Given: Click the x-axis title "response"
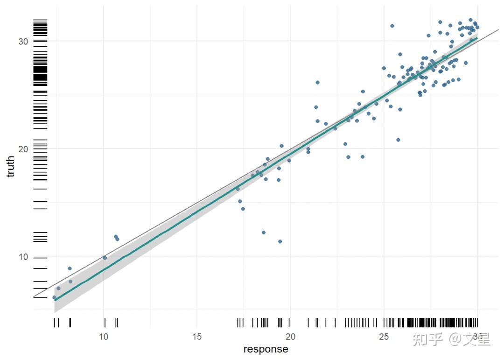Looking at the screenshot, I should point(266,349).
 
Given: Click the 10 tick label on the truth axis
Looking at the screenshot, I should point(23,257).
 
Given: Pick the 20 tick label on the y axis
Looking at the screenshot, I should point(23,149).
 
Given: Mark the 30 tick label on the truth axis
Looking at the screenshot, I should point(23,41).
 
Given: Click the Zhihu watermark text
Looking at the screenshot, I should point(450,339).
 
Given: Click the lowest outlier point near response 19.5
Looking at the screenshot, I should point(280,241).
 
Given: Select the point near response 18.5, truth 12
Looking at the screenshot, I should point(263,233).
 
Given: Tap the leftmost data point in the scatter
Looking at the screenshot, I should point(54,297).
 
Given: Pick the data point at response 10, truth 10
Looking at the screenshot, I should point(105,258).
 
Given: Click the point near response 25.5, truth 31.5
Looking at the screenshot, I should point(392,26).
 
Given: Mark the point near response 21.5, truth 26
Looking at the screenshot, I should point(317,82).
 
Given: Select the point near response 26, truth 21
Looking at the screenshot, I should point(398,140).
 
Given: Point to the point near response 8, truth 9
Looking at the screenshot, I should point(70,268).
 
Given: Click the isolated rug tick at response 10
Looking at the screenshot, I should point(105,323).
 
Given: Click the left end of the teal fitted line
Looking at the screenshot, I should point(55,300).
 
